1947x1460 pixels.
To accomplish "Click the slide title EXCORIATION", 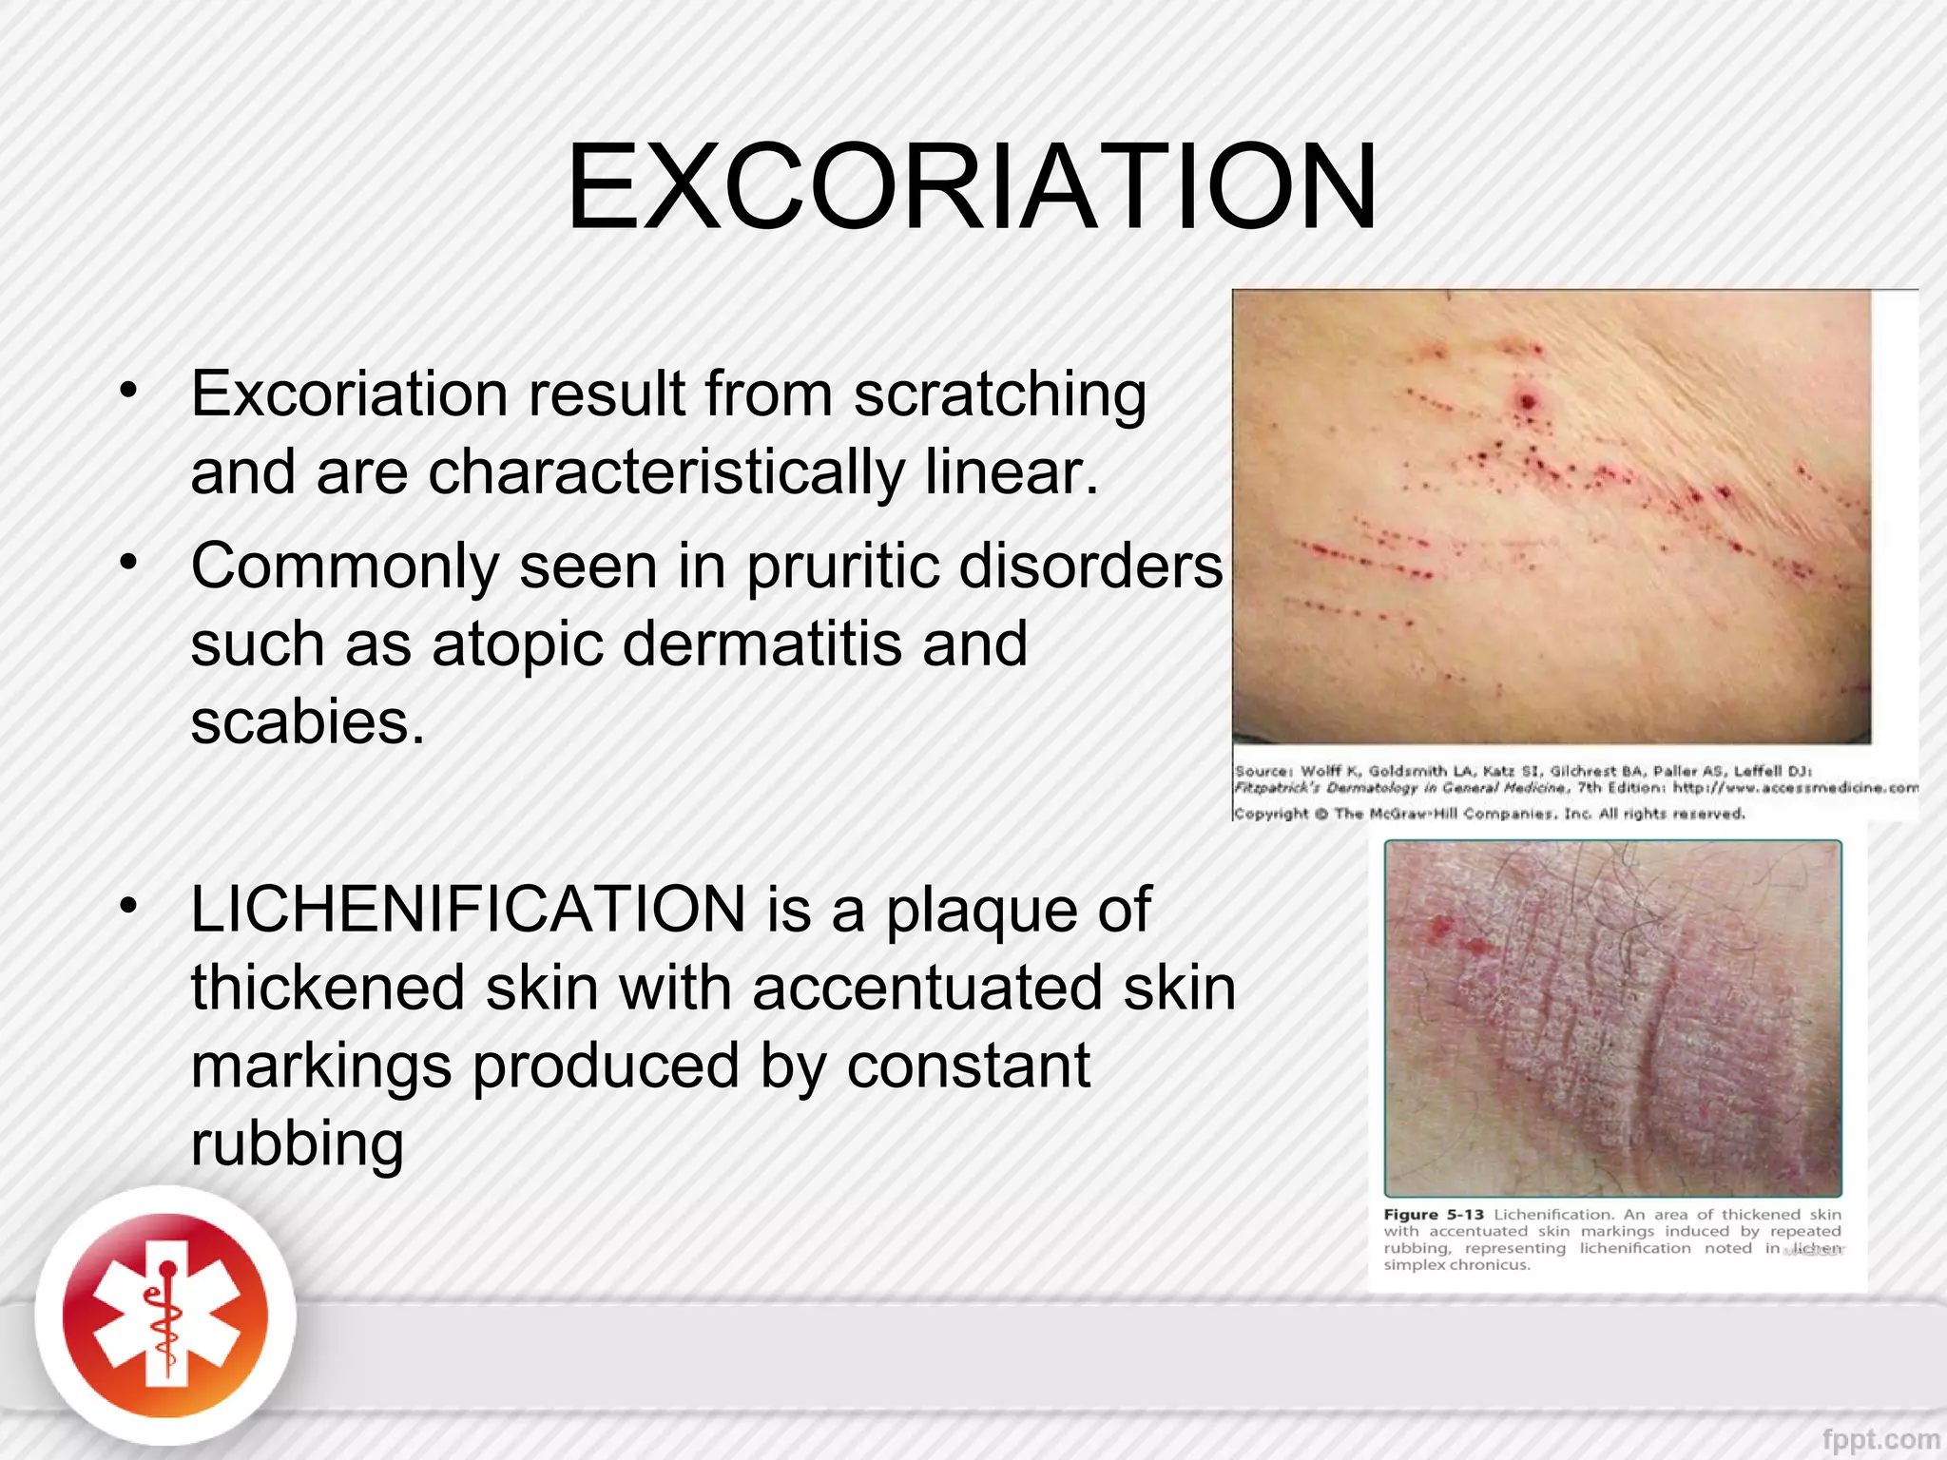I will coord(972,187).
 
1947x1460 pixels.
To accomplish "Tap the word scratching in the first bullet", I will coord(999,395).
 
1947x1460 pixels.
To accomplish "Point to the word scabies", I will coord(307,722).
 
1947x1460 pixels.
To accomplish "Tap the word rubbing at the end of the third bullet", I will coord(298,1143).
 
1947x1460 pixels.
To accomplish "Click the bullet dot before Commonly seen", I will coord(129,562).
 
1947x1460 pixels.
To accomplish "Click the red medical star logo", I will coord(165,1316).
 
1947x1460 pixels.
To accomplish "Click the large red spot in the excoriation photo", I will coord(1528,402).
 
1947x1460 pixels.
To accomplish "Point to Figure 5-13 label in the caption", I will coord(1433,1215).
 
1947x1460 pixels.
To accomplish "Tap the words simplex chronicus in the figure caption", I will coord(1456,1265).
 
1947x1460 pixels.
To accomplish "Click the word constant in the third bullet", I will coord(968,1066).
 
